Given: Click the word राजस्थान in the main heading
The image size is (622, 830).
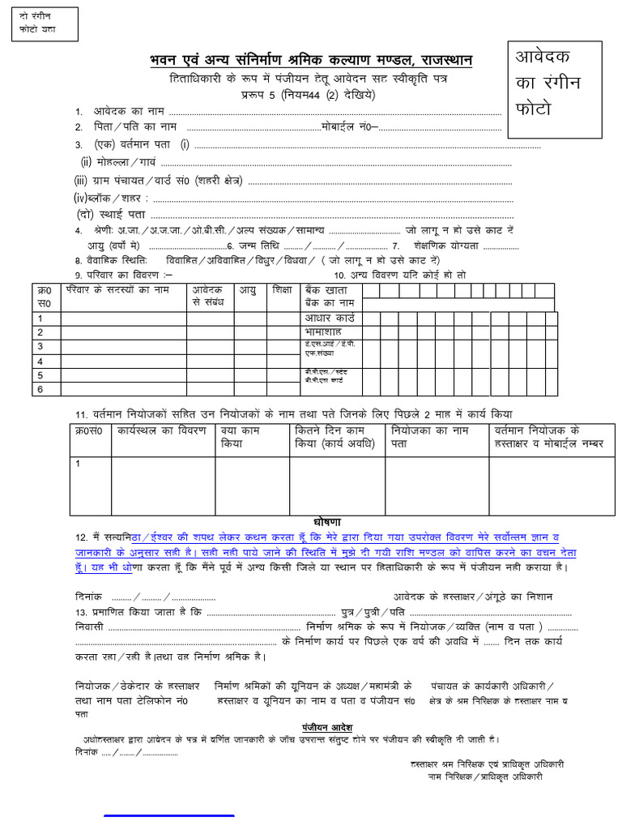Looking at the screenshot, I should (x=447, y=62).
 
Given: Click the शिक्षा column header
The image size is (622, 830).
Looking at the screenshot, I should (x=282, y=289).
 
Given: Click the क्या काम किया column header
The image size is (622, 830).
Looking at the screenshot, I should (x=239, y=438).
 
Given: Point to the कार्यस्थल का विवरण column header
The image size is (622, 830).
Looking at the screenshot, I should (x=162, y=430).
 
